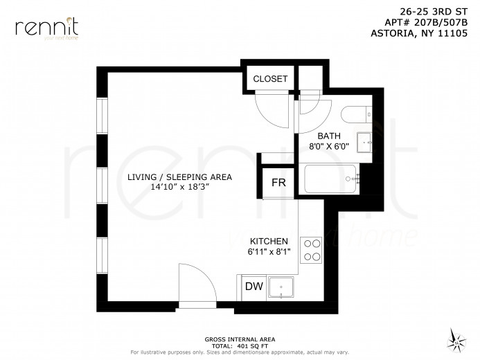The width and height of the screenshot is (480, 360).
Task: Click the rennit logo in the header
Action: (46, 28)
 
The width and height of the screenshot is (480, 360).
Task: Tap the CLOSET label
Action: (269, 79)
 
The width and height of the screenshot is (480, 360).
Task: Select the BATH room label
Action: (329, 135)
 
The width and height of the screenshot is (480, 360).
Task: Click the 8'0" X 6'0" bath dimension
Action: (330, 147)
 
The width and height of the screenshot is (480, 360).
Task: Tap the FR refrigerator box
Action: (278, 183)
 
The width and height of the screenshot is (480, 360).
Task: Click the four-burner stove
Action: (311, 249)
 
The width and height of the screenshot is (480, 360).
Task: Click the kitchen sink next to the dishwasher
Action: (281, 287)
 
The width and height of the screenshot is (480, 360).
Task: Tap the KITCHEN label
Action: (269, 241)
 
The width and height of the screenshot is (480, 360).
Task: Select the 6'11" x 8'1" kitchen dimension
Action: (270, 252)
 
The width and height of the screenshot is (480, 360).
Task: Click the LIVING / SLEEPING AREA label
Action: (179, 177)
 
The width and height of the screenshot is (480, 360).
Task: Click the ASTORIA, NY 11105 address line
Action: (420, 33)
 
